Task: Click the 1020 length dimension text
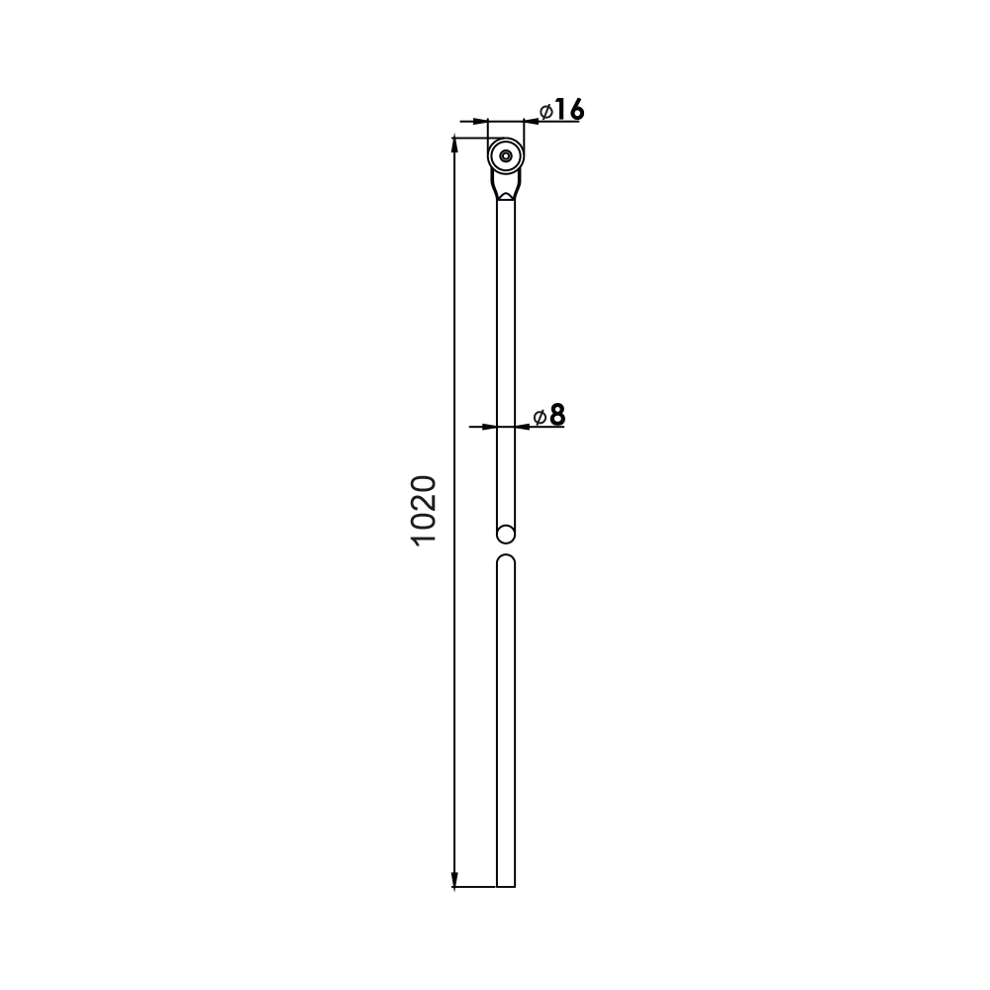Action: pos(423,511)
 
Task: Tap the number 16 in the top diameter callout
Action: pos(568,110)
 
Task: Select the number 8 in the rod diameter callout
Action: pos(557,416)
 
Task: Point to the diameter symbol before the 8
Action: pos(540,417)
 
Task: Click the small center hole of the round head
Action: pos(506,155)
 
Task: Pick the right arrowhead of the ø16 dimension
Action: pos(532,121)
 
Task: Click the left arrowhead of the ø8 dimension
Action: pos(488,427)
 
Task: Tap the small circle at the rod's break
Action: pos(506,535)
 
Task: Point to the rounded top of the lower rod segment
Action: pos(506,560)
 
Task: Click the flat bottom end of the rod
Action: pos(506,886)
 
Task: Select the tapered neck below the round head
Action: pos(506,185)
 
